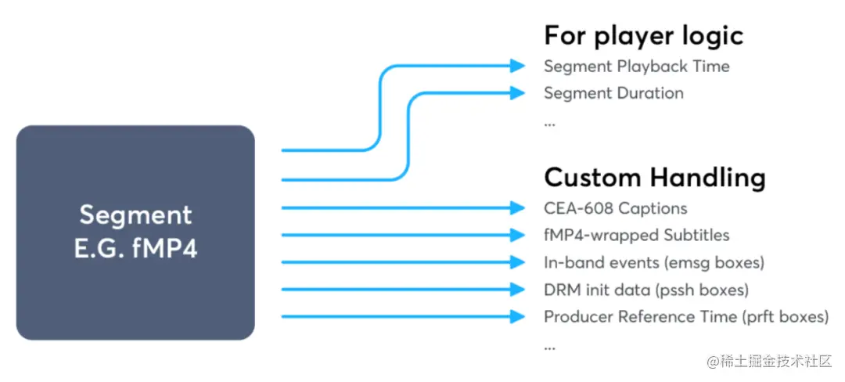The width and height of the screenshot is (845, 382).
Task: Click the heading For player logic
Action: [x=643, y=35]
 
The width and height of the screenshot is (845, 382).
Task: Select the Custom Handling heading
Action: [x=654, y=178]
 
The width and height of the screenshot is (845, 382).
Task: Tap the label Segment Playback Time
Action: [x=636, y=67]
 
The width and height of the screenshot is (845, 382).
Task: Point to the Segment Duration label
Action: [x=613, y=93]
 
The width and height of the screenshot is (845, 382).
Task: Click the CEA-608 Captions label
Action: [x=615, y=208]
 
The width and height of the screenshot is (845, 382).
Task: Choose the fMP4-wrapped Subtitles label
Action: [x=636, y=235]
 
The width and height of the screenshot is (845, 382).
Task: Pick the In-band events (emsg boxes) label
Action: [x=653, y=262]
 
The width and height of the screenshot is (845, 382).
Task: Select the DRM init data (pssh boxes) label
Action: [x=645, y=290]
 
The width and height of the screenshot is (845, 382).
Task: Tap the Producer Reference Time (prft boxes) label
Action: [x=685, y=317]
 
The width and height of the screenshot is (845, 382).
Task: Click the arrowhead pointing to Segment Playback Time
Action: [x=517, y=66]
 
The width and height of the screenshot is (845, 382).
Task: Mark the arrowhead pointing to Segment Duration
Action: [x=517, y=92]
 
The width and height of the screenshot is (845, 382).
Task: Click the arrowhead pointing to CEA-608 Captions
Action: [x=517, y=207]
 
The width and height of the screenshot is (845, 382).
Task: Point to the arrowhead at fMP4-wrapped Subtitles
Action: [x=517, y=235]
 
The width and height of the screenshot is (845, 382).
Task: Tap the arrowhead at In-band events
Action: [x=517, y=262]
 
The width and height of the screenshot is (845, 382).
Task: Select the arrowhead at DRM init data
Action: [x=517, y=290]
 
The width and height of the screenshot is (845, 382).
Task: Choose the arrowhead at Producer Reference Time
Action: [x=517, y=317]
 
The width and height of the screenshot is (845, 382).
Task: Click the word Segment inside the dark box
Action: [x=135, y=214]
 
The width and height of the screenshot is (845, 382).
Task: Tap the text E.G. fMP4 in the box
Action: [x=135, y=249]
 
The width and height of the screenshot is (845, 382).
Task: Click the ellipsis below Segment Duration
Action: [x=549, y=122]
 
